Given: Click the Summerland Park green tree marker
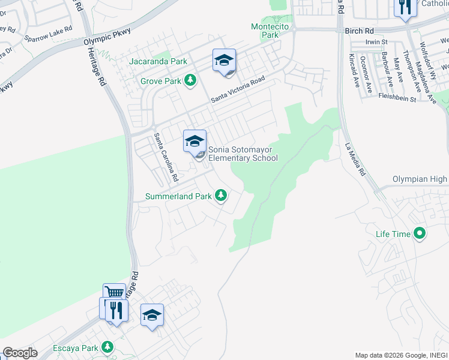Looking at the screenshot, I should tap(221, 196).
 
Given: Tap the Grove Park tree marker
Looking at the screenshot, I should tap(190, 80).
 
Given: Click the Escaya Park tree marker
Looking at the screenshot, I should tap(107, 347).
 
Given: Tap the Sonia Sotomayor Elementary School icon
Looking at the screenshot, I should tap(194, 142).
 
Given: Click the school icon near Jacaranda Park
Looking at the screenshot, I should tap(224, 61).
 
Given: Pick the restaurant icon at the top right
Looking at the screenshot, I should tap(405, 8).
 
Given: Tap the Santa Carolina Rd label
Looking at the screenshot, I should tap(166, 157).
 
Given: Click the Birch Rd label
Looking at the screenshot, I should tap(359, 30).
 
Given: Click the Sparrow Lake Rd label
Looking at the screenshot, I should tap(48, 34).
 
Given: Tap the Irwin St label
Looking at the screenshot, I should tap(377, 42).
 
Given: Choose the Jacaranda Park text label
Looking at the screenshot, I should tap(158, 61).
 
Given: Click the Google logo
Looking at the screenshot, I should tap(20, 353).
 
